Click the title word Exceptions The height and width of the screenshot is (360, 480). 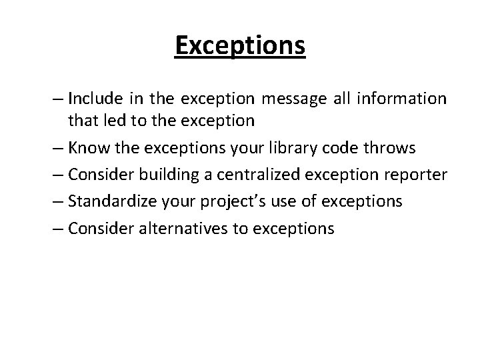(x=240, y=46)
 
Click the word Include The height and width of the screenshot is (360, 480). (x=94, y=99)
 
